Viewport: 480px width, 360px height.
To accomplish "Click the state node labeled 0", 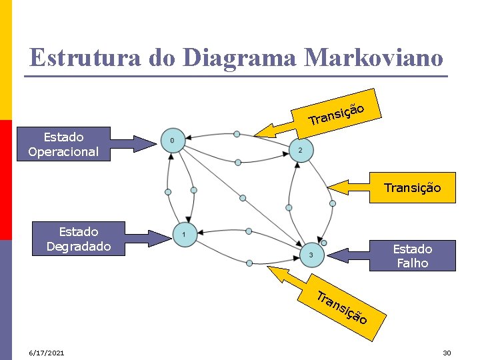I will point(173,141).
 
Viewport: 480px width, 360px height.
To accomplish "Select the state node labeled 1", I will point(184,234).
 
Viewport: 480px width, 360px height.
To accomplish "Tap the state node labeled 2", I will point(300,151).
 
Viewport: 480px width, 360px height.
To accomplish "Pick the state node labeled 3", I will point(311,255).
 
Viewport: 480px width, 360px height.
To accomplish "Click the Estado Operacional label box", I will point(63,144).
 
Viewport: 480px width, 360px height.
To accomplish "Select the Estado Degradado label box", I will point(78,239).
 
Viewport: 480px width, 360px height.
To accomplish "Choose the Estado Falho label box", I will point(412,256).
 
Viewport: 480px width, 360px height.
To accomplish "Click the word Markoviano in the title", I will point(373,57).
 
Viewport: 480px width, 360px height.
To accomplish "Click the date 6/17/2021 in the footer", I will point(47,352).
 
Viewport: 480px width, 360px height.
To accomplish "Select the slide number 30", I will point(447,352).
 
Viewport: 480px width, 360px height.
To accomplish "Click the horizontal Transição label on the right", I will point(412,188).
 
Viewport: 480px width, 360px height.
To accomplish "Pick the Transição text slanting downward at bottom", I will point(341,307).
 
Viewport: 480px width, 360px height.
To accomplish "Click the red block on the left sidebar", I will point(5,179).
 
